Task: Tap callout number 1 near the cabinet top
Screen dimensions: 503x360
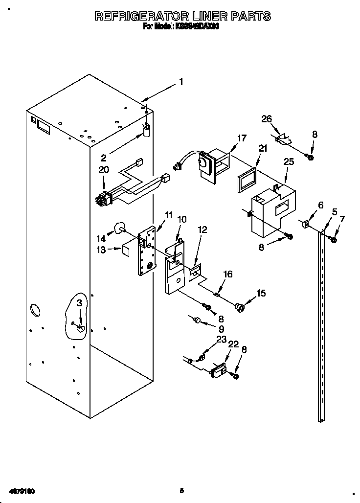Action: pos(181,82)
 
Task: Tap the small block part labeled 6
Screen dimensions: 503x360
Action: pos(305,224)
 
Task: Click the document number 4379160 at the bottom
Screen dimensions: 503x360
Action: pos(20,490)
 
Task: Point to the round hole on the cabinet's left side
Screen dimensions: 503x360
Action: pos(36,310)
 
